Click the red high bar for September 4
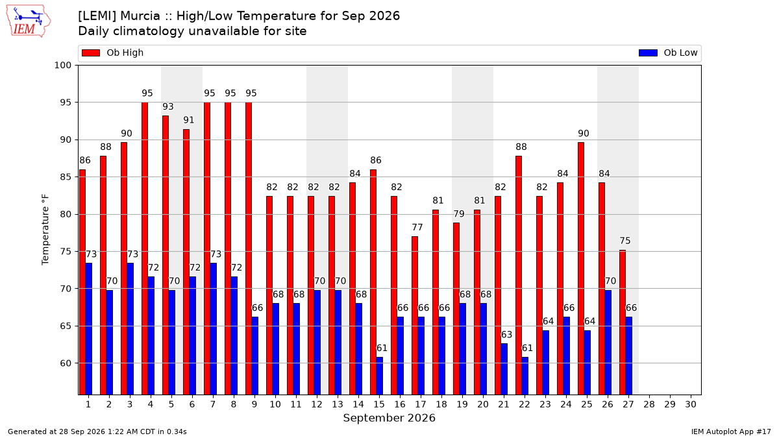coord(145,249)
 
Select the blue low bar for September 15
coord(379,376)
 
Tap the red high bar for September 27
coord(623,322)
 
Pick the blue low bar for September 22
coord(525,376)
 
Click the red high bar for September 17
coord(415,315)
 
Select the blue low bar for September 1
coord(89,329)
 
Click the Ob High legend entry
coord(113,53)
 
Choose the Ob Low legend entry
coord(668,53)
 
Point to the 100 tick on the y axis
coord(62,66)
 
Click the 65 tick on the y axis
coord(66,326)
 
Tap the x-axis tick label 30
coord(691,404)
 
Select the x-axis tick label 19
coord(462,404)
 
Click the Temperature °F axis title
coord(45,230)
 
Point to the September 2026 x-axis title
coord(389,418)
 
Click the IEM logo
coord(29,21)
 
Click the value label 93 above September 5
coord(168,106)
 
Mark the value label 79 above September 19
coord(459,213)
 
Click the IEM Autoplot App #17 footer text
coord(731,432)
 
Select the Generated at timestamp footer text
coord(97,432)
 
